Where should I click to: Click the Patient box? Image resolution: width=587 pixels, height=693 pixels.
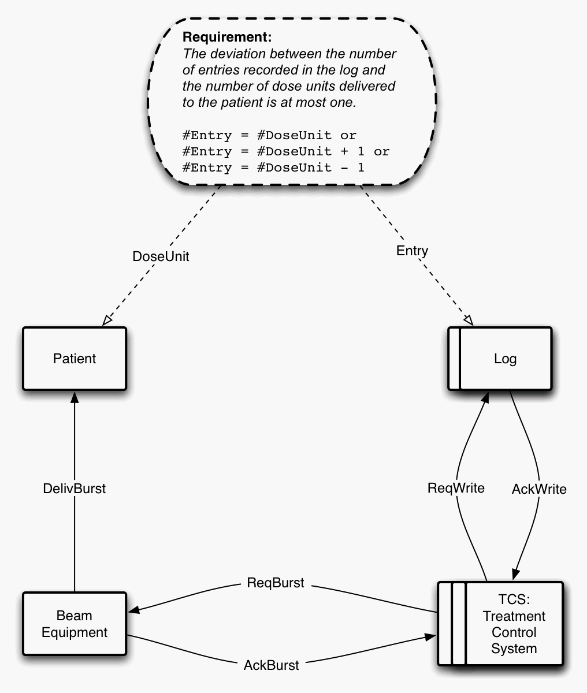(74, 359)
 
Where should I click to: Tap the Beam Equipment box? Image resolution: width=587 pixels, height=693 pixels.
(74, 624)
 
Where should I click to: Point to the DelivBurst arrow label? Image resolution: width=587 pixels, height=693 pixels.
(75, 489)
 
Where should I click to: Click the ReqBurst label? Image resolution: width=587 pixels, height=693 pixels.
(275, 583)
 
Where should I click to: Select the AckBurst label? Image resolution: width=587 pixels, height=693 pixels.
(272, 665)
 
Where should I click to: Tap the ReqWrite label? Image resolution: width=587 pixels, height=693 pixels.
(456, 488)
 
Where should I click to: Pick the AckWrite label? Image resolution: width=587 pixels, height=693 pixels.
(539, 490)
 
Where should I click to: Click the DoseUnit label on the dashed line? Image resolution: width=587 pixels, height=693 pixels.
(161, 256)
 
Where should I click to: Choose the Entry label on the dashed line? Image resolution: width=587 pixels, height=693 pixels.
(412, 251)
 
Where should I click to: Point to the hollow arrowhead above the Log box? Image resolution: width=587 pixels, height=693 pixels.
(469, 321)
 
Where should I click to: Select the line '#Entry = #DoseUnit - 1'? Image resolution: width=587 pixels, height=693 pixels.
(273, 167)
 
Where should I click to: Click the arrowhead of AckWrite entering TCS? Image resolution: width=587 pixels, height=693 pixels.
(515, 575)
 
